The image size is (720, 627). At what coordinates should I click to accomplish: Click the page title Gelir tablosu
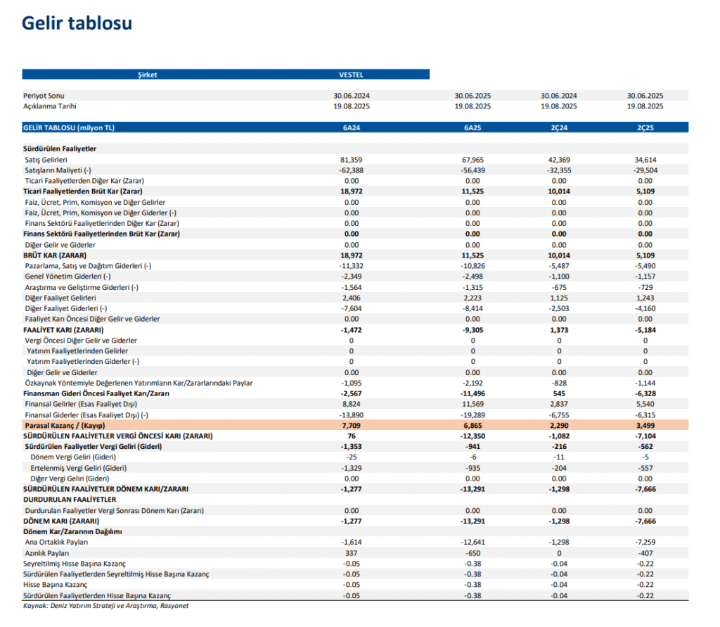(77, 23)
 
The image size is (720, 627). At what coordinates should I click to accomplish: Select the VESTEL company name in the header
(351, 74)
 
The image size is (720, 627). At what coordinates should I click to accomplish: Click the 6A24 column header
(351, 127)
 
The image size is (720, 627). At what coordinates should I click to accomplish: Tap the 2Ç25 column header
(645, 127)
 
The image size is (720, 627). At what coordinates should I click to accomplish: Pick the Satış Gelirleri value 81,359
(351, 160)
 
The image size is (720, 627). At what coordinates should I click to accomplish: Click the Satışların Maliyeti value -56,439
(472, 170)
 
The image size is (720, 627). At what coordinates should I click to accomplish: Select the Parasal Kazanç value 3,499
(645, 426)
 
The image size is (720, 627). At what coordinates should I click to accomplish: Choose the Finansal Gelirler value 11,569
(472, 405)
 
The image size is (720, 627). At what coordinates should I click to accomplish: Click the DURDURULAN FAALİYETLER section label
(70, 500)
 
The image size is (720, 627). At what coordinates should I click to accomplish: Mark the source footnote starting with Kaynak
(105, 605)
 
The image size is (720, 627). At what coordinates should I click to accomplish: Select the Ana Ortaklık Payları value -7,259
(645, 543)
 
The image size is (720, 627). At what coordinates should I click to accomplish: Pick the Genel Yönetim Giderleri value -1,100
(559, 277)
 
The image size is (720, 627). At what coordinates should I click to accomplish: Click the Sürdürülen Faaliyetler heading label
(60, 149)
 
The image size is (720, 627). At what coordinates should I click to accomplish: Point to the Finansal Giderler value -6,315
(645, 415)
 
